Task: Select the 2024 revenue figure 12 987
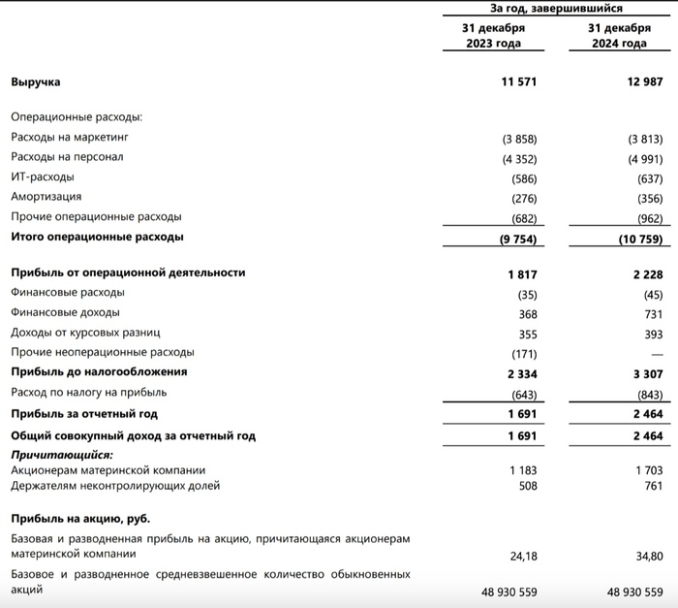click(644, 83)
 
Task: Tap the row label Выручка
click(36, 83)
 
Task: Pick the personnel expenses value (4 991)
click(644, 158)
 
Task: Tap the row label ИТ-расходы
click(43, 177)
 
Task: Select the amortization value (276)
click(523, 197)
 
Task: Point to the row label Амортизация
click(46, 197)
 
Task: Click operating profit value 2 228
click(647, 274)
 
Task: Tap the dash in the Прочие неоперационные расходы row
click(656, 352)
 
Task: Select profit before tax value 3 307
click(647, 371)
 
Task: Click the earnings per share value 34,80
click(647, 556)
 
